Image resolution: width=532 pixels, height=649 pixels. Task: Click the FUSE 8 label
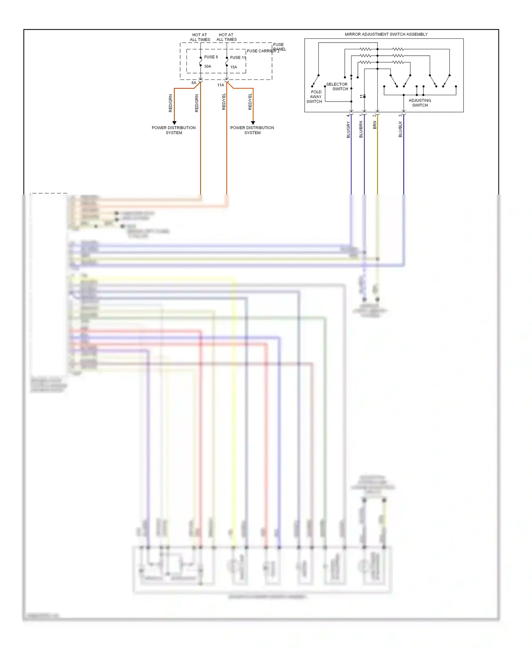tap(211, 57)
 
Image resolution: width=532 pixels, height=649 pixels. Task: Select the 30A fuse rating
tap(207, 66)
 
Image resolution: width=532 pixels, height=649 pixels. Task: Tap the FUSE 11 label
tap(238, 58)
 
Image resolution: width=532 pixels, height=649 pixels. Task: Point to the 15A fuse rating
tap(233, 67)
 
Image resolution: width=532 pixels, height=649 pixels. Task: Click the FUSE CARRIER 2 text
tap(263, 51)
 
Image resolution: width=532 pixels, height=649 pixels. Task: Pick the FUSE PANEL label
tap(279, 47)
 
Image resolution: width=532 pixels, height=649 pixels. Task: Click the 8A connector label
tap(194, 83)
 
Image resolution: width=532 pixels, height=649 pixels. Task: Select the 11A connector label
tap(220, 85)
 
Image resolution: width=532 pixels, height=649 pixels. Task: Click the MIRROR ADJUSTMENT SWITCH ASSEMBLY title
tap(386, 34)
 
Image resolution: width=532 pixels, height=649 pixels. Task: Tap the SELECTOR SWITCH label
tap(337, 87)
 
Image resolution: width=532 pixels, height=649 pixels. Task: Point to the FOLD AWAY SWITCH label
tap(315, 97)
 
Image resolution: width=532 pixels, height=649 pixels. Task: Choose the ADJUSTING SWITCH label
tap(420, 103)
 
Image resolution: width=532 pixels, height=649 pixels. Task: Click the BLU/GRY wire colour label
tap(348, 130)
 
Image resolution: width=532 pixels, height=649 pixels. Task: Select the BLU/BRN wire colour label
tap(361, 129)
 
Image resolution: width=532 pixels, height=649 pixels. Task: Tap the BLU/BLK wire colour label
tap(400, 129)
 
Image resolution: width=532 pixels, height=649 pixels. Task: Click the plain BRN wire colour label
tap(375, 125)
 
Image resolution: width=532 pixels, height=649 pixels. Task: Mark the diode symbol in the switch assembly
tap(364, 96)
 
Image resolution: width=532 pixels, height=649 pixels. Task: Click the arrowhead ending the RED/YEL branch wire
tap(253, 123)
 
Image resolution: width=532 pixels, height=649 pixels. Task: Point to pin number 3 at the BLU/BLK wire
tap(400, 115)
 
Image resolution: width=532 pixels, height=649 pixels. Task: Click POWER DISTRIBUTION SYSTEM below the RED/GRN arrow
tap(174, 130)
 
